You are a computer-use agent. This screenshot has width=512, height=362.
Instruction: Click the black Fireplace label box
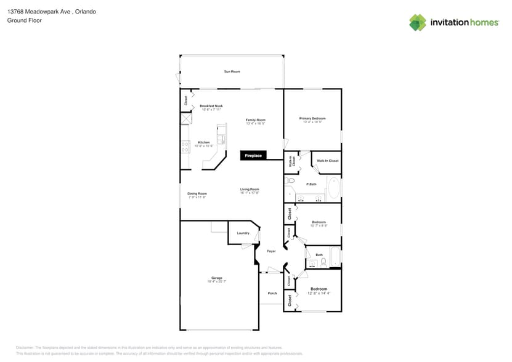point(253,156)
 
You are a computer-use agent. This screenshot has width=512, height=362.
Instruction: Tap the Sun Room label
point(232,72)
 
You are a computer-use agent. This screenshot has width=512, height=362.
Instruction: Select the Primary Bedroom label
point(312,118)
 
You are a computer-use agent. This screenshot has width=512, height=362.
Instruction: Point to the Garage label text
point(217,278)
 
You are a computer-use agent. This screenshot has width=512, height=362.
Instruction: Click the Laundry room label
point(243,233)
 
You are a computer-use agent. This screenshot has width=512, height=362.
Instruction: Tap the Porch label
point(272,293)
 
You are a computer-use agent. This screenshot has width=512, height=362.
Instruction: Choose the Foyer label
point(271,251)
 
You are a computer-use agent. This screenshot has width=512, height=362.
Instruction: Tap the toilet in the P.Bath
point(290,180)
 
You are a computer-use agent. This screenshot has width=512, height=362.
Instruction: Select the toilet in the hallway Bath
point(323,263)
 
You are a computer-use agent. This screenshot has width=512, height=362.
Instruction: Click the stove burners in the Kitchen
point(184,147)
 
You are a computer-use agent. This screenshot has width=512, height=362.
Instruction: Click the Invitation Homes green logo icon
point(418,22)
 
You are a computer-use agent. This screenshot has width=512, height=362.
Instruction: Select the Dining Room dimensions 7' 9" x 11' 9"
point(197,197)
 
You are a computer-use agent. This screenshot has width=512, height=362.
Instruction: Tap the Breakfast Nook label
point(211,106)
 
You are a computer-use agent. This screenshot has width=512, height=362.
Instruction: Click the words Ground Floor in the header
point(20,20)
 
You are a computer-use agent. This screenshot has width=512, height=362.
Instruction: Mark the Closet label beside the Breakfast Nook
point(185,100)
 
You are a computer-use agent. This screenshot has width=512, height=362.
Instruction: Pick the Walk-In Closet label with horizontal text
point(328,161)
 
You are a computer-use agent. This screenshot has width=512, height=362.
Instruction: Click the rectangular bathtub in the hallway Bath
point(335,256)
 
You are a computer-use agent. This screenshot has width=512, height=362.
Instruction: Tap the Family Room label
point(255,119)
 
